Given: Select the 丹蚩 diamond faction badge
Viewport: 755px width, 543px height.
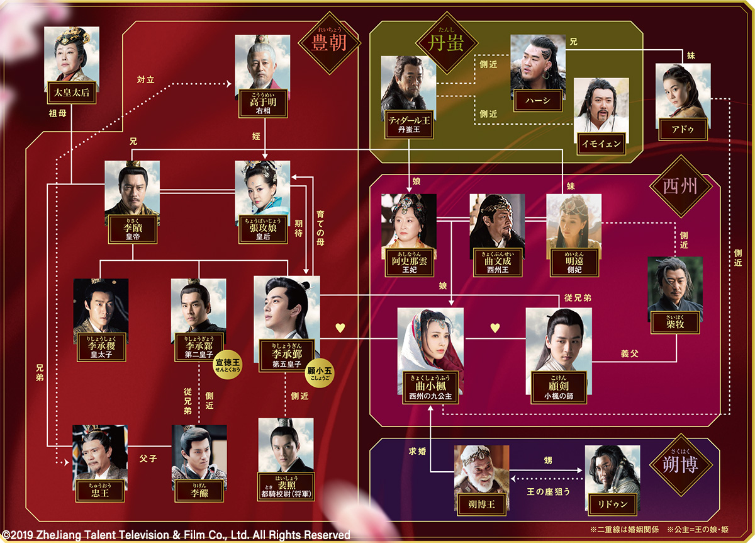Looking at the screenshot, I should [438, 44].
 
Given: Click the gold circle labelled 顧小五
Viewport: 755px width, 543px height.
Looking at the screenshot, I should [320, 372].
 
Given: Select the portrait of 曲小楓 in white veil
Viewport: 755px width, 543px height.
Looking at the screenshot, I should [430, 344].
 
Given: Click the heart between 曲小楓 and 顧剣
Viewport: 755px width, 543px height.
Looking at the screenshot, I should [495, 328].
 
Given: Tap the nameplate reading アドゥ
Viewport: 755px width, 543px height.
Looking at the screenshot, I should [683, 129].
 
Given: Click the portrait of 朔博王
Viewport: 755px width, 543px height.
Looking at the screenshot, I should [481, 469].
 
